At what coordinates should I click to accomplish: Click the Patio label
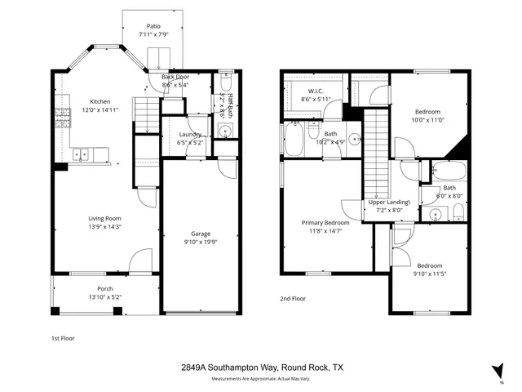(x=153, y=26)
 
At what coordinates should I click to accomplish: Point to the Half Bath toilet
(x=226, y=84)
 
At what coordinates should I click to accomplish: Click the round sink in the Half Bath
(x=226, y=131)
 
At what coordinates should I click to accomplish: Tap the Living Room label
(x=104, y=218)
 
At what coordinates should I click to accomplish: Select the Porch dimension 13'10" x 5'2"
(x=104, y=297)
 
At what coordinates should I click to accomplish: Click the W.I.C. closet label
(x=317, y=91)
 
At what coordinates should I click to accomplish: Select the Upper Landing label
(x=388, y=202)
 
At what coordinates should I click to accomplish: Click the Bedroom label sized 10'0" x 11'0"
(x=428, y=112)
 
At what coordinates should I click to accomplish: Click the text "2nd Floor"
(x=293, y=299)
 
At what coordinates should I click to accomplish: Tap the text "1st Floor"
(x=63, y=337)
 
